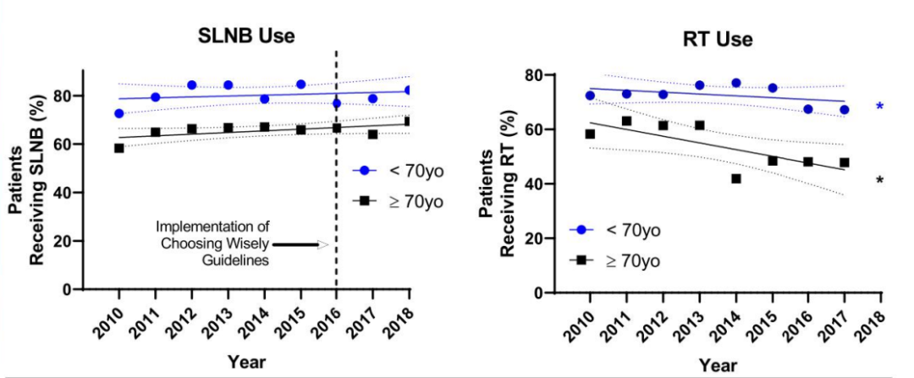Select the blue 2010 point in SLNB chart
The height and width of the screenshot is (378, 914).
(x=119, y=113)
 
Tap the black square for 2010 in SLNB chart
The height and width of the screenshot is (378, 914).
(x=119, y=148)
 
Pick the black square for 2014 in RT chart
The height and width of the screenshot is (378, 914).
(x=736, y=178)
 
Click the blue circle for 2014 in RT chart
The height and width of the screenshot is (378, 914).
(x=736, y=83)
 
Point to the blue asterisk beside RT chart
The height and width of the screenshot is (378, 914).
(x=880, y=107)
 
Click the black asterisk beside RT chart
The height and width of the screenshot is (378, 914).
(x=880, y=181)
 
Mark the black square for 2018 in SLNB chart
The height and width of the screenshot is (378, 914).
(x=409, y=121)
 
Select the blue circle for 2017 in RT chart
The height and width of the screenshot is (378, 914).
(x=845, y=109)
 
